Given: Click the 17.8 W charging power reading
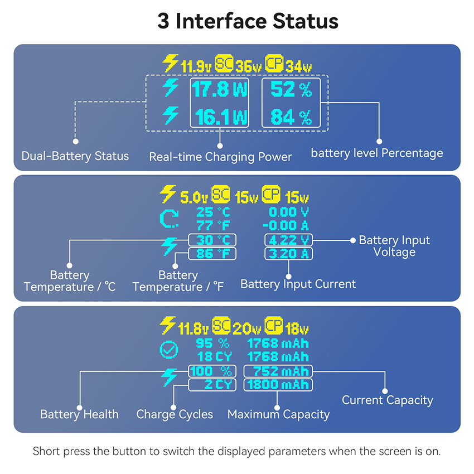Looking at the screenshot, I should pos(219,89).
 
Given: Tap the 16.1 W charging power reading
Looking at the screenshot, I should pos(219,117).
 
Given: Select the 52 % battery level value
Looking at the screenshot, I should pos(291,89).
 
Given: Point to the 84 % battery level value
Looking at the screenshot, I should pos(291,117).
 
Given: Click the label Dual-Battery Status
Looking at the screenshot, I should pos(75,156).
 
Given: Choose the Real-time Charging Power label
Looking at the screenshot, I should pos(220,157).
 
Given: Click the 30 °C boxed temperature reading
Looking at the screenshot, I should pos(212,240).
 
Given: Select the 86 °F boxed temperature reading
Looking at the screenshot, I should pos(212,254).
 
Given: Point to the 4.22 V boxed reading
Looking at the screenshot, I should pos(289,240).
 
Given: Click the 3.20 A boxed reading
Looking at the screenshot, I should pos(289,254).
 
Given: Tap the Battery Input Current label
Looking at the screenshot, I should pos(298,284).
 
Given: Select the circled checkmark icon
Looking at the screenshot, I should pos(168,350).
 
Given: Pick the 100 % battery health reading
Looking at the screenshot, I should pos(212,371).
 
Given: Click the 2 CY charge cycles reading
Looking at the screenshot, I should pos(212,385).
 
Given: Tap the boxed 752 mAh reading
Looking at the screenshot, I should pos(278,371).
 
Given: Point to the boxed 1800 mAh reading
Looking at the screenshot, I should pos(278,385).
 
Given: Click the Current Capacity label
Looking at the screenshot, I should pos(387,400).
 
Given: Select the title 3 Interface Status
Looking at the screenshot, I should pos(248,21).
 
